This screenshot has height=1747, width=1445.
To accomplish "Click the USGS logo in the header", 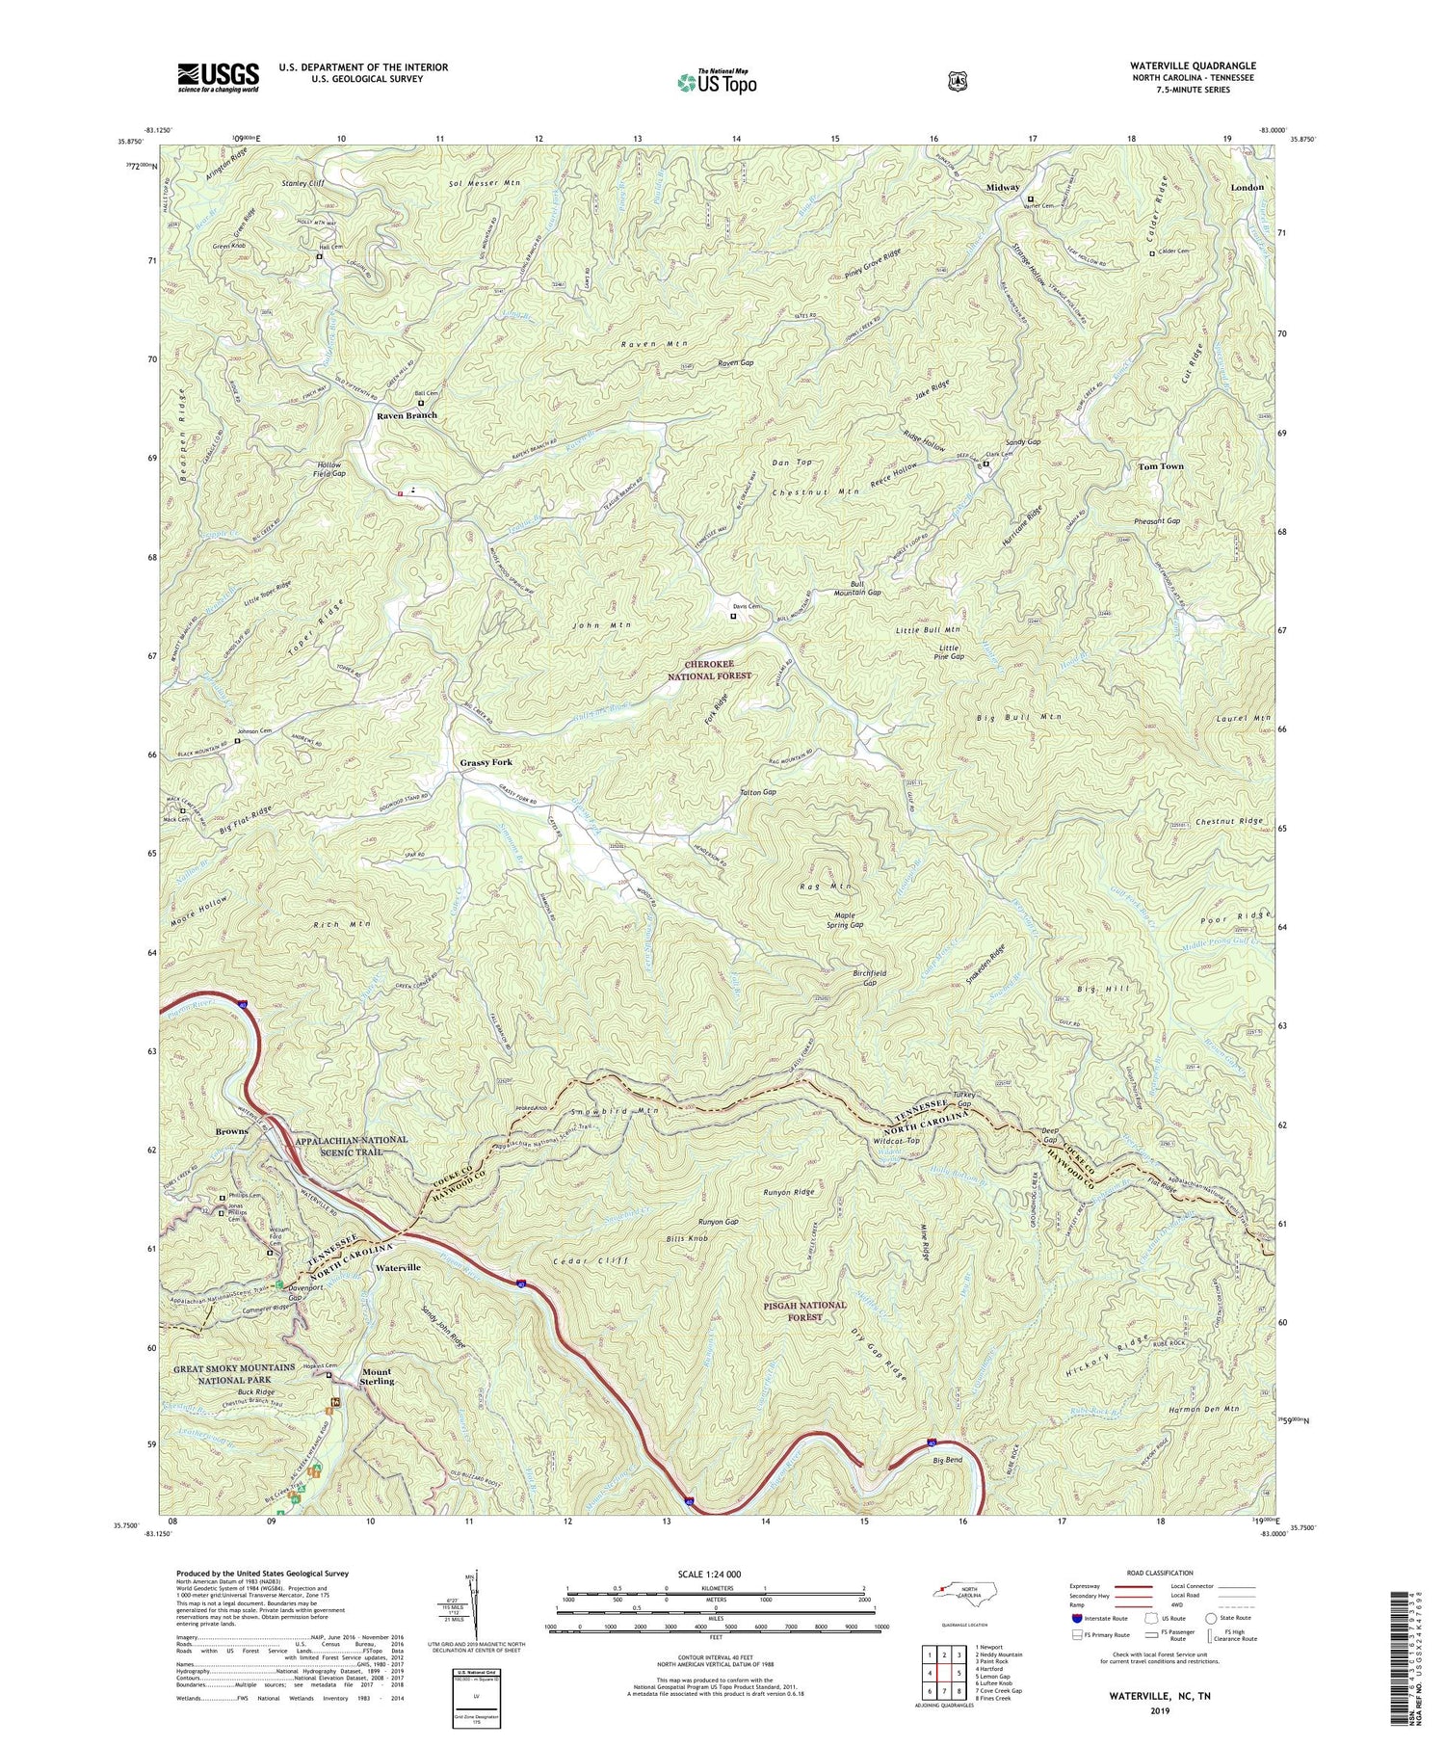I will tap(218, 77).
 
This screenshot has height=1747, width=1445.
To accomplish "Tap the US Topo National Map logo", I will tap(717, 81).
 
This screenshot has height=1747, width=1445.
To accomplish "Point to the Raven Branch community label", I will tap(407, 415).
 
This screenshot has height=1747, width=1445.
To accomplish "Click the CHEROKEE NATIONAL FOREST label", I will tap(709, 670).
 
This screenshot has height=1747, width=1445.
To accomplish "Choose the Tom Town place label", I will tap(1161, 466).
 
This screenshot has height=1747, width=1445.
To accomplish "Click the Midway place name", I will tap(1002, 187).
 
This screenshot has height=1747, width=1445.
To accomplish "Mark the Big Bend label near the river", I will tap(947, 1461).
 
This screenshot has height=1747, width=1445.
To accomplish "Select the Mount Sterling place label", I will tap(377, 1376).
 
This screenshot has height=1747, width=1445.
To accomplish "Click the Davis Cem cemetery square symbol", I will tap(733, 615).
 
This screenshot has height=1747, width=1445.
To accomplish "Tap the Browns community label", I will tap(231, 1131).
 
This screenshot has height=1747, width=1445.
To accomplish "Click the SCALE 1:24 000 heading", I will tap(716, 1574).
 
